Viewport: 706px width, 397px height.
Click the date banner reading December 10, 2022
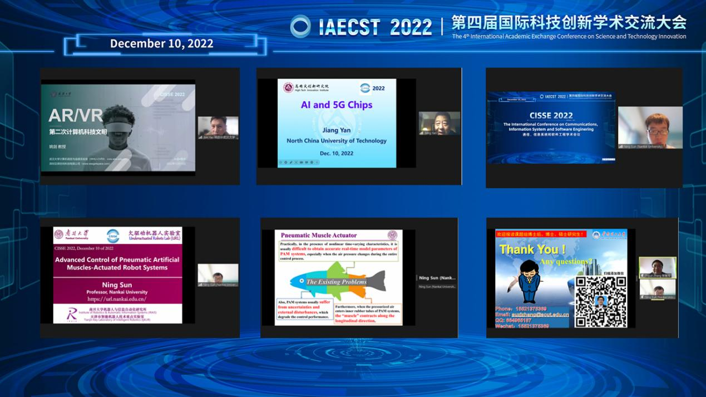[x=161, y=44]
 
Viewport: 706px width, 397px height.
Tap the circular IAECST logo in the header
[x=300, y=26]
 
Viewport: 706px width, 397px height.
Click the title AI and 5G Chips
[x=337, y=105]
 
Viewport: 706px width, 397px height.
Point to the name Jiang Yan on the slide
[x=337, y=130]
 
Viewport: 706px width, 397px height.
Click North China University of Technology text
[x=337, y=141]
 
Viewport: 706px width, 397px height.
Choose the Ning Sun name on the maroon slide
[x=117, y=285]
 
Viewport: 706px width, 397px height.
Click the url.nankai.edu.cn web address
[x=117, y=299]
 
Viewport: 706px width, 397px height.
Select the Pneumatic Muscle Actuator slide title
[x=318, y=236]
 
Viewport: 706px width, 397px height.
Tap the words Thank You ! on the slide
[x=532, y=249]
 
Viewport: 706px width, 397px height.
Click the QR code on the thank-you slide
[x=600, y=301]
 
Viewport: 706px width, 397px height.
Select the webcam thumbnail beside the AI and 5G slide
[x=439, y=123]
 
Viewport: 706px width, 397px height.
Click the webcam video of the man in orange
[x=650, y=128]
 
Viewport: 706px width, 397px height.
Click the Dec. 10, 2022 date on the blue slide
[x=337, y=153]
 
